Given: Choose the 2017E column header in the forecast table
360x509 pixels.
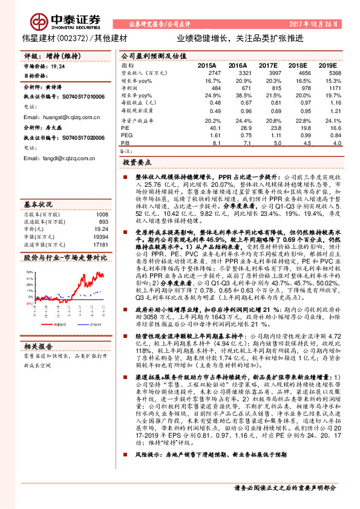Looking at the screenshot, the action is point(267,64).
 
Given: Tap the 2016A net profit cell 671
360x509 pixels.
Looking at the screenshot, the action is point(241,88).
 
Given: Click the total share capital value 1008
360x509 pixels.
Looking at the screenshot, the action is point(102,198).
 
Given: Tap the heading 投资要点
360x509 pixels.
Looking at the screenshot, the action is point(137,163).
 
